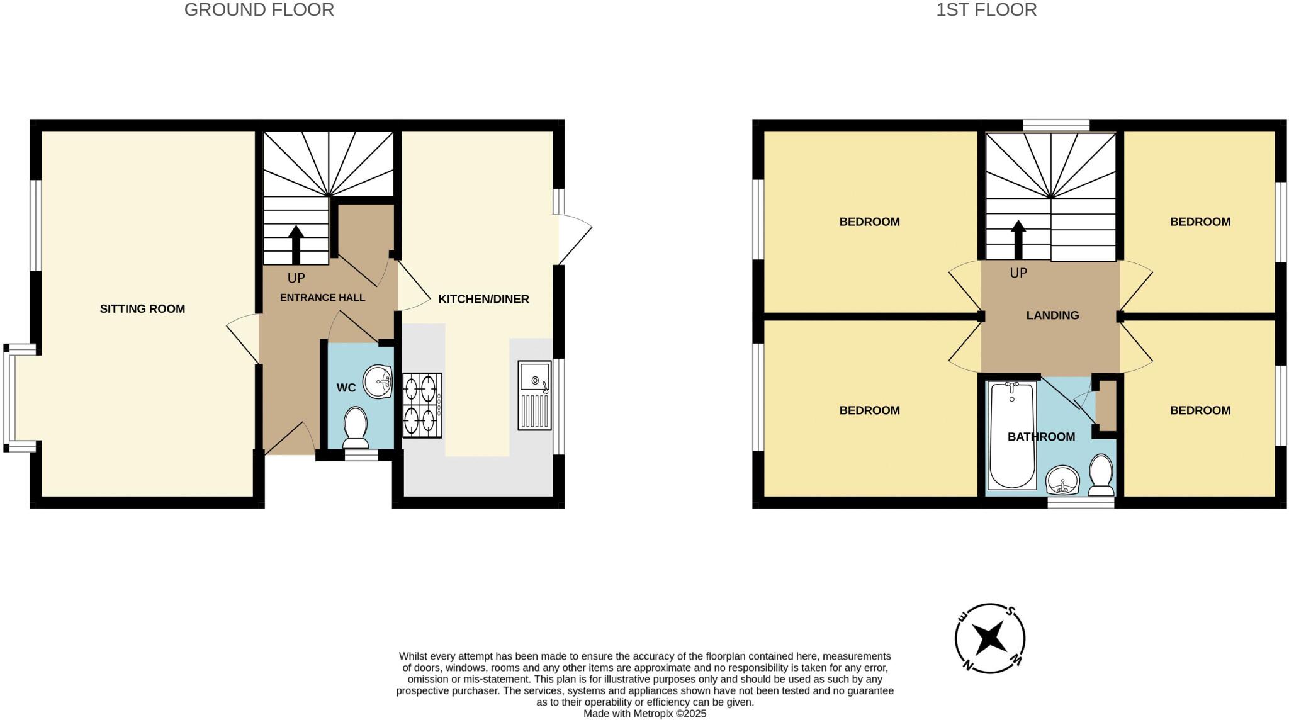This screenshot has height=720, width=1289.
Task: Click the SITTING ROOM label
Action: pyautogui.click(x=142, y=308)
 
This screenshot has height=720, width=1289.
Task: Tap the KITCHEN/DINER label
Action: pyautogui.click(x=483, y=299)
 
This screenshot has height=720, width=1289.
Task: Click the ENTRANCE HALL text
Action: pyautogui.click(x=322, y=297)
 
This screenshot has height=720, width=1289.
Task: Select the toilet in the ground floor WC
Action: pyautogui.click(x=356, y=425)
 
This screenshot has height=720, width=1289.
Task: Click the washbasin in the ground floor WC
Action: pyautogui.click(x=379, y=381)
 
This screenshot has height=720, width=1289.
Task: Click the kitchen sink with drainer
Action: pyautogui.click(x=534, y=395)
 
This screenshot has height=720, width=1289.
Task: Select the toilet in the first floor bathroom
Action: pyautogui.click(x=1101, y=475)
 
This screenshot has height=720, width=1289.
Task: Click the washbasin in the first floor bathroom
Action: pyautogui.click(x=1063, y=481)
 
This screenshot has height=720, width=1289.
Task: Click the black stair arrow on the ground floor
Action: pyautogui.click(x=295, y=244)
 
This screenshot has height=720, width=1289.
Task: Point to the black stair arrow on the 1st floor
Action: pyautogui.click(x=1018, y=240)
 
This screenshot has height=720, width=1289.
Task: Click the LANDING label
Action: pyautogui.click(x=1052, y=315)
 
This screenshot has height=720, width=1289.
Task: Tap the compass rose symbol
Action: pyautogui.click(x=990, y=638)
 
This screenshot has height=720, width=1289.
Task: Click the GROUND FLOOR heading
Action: pyautogui.click(x=259, y=10)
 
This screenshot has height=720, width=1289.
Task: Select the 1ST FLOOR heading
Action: pyautogui.click(x=986, y=10)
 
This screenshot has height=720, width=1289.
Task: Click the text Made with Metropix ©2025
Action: pyautogui.click(x=644, y=714)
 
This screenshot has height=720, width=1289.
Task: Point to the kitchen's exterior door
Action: pyautogui.click(x=574, y=239)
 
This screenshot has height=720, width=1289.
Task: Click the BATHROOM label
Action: pyautogui.click(x=1041, y=436)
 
